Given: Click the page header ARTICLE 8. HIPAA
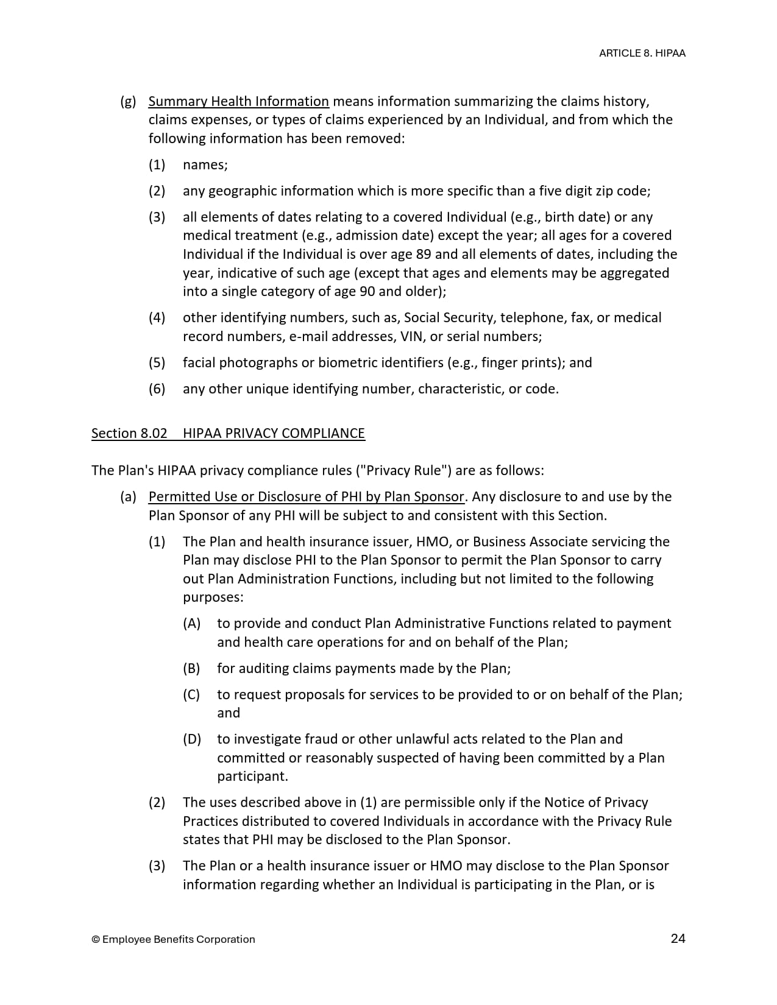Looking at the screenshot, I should tap(642, 53).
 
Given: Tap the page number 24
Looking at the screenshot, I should tap(678, 938).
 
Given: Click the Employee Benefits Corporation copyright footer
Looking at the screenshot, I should tap(173, 939).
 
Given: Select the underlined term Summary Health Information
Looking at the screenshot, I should tap(238, 101).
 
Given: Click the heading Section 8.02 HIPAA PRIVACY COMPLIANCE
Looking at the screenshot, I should tap(228, 433).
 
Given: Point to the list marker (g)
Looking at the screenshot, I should tap(128, 101).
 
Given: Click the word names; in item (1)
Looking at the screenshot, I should tap(205, 164).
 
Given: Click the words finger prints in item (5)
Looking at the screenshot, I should tap(522, 362).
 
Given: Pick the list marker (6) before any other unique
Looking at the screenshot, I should tap(157, 389).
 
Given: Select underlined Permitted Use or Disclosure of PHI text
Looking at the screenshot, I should tap(306, 496).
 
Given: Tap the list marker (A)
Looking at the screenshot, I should tap(191, 623).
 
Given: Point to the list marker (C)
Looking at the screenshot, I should tap(191, 694).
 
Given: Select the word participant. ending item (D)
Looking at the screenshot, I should tap(252, 776).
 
